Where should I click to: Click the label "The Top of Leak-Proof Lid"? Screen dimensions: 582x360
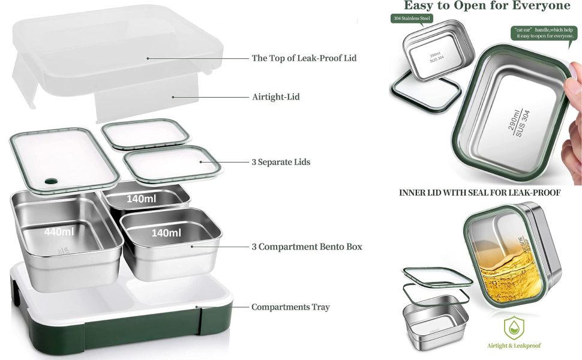[x=304, y=58]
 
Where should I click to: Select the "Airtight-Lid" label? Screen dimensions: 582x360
[x=275, y=97]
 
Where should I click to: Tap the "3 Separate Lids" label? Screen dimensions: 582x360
[x=281, y=162]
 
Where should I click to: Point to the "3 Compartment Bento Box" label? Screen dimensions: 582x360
[x=307, y=247]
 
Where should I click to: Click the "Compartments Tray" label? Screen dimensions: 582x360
[x=290, y=307]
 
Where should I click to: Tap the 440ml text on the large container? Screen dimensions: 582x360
[x=59, y=232]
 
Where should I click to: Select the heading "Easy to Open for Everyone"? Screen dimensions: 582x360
[x=487, y=6]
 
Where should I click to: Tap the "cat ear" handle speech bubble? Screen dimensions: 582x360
[x=544, y=32]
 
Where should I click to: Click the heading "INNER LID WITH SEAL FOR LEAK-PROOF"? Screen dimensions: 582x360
[x=480, y=193]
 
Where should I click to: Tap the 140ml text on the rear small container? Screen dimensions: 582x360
[x=142, y=199]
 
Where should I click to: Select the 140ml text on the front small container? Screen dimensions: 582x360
[x=166, y=233]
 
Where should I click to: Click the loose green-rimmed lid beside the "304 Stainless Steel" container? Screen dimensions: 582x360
[x=425, y=94]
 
